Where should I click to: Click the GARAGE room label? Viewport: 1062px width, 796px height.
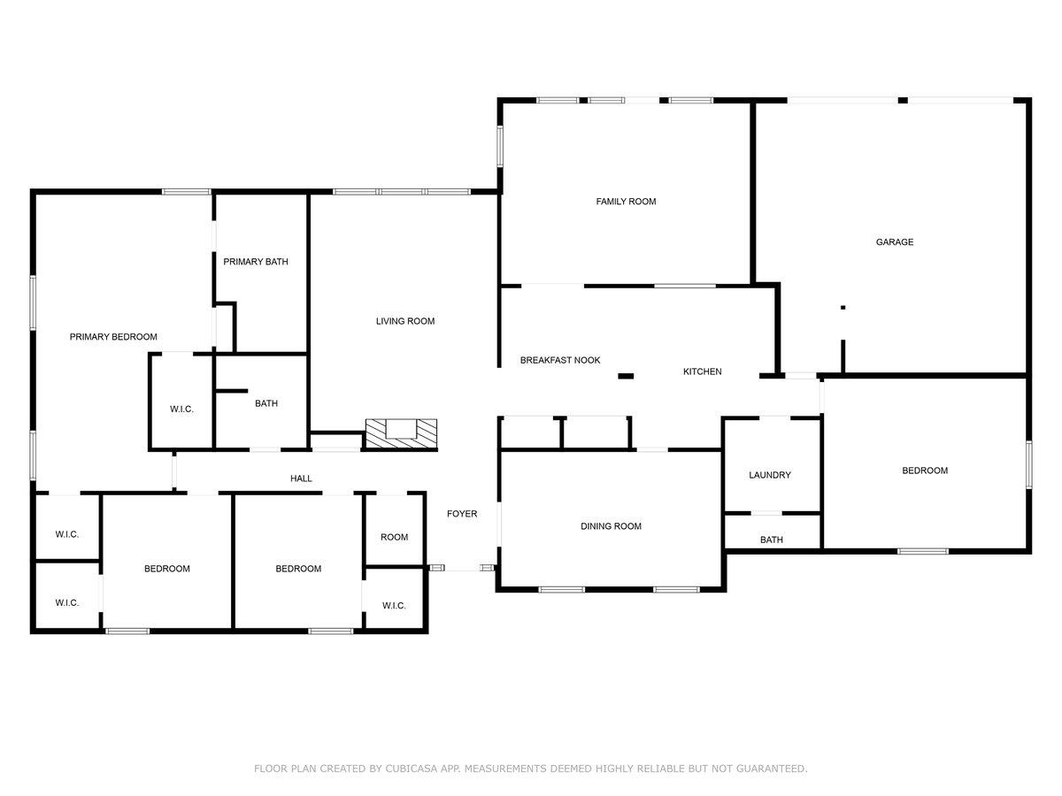tap(894, 242)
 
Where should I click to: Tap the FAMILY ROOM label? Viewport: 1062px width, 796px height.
tap(626, 202)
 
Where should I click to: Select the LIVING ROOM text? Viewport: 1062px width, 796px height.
tap(405, 321)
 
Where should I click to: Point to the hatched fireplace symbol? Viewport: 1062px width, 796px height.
tap(402, 433)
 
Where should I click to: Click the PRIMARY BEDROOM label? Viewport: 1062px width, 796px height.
tap(113, 337)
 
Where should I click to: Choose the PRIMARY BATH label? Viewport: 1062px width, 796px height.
tap(255, 262)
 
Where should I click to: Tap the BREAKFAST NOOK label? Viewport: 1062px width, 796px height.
tap(560, 360)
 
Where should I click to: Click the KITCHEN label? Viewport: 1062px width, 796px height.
tap(702, 371)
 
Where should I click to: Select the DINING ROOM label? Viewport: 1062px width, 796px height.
tap(611, 526)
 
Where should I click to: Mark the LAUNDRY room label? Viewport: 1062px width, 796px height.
tap(769, 475)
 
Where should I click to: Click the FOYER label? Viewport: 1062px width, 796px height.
tap(462, 514)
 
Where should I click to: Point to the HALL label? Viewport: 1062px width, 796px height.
tap(301, 478)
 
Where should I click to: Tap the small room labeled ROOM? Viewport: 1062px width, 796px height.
tap(394, 537)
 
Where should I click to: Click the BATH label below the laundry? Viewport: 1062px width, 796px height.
tap(771, 540)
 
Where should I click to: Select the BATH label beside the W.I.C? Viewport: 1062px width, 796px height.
tap(265, 403)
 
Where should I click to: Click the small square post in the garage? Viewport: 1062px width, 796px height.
tap(843, 307)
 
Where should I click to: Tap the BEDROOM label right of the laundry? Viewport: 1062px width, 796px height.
tap(925, 471)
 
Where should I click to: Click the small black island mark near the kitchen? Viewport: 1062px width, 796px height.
tap(626, 377)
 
